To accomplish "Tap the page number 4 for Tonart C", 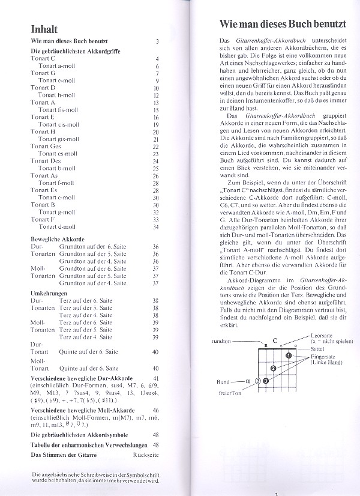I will click(x=157, y=59).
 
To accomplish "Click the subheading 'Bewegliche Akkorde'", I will click(x=57, y=238).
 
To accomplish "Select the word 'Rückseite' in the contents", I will click(x=145, y=454).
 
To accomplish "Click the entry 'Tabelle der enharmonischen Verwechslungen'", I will click(x=88, y=444).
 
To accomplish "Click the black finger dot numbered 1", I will click(x=288, y=355).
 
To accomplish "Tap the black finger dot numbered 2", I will click(x=274, y=368).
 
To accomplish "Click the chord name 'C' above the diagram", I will click(x=274, y=340).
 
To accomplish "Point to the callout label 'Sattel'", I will click(x=318, y=348).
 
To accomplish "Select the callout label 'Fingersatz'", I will click(x=324, y=357).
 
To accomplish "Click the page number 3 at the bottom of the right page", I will click(x=277, y=493).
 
